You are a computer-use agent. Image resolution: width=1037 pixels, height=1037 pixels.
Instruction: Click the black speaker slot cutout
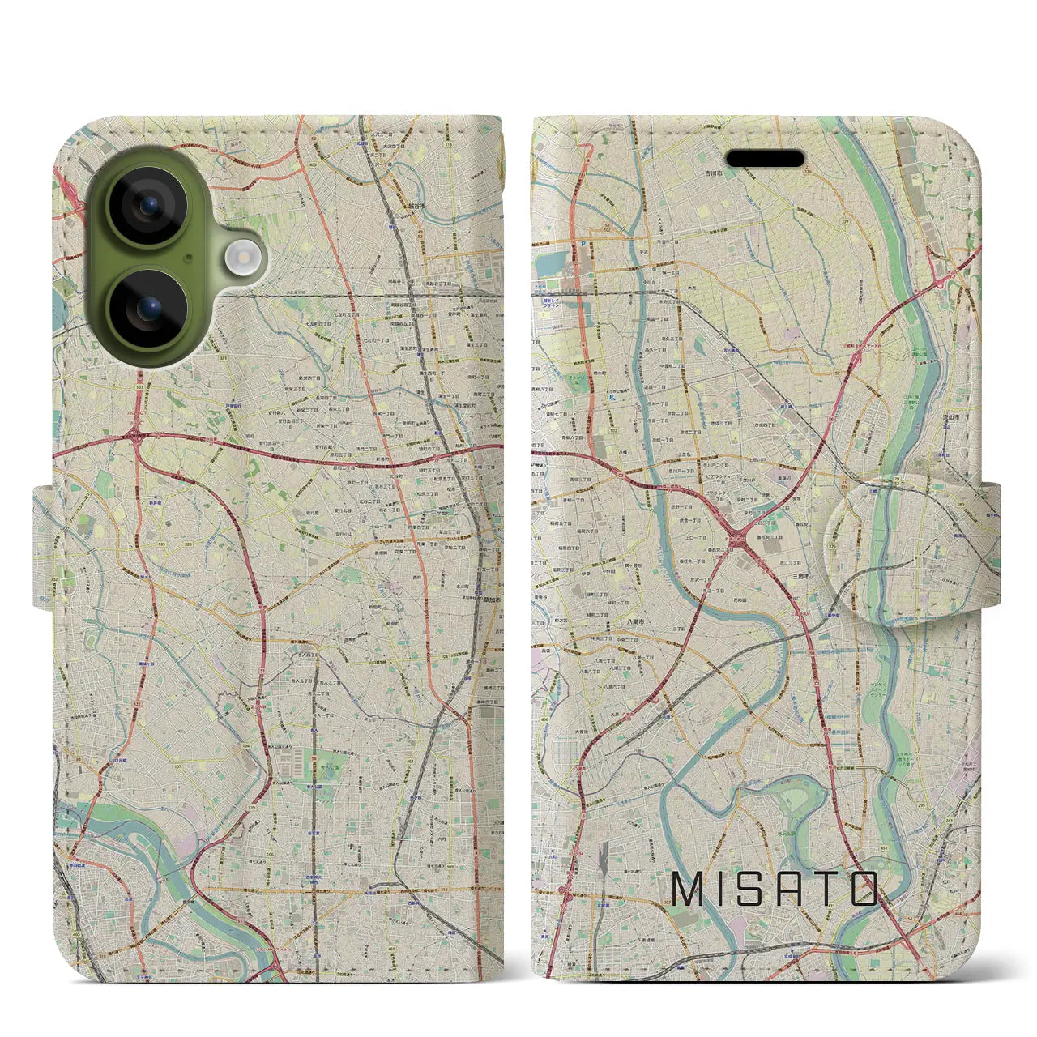coord(765,158)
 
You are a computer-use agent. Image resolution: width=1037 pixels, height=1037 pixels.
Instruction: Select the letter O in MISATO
coord(864,889)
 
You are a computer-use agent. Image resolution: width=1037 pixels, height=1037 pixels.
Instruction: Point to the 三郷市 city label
coord(802,574)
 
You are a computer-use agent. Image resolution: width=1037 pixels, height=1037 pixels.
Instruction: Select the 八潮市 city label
coord(636,621)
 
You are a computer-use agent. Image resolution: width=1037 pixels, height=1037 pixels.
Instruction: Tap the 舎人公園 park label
coord(301,785)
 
